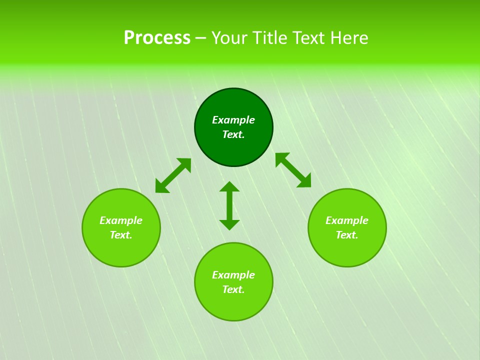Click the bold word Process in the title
click(x=157, y=38)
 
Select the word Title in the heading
click(x=273, y=38)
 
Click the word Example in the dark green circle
click(x=233, y=120)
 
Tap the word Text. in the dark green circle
click(x=233, y=134)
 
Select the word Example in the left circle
click(x=121, y=220)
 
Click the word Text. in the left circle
click(x=121, y=235)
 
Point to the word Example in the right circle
click(x=347, y=220)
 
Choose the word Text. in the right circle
click(x=347, y=235)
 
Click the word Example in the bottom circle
click(x=233, y=275)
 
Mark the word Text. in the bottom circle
click(x=233, y=289)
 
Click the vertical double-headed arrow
click(x=229, y=205)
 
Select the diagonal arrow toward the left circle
click(x=173, y=175)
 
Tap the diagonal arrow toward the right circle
click(x=293, y=170)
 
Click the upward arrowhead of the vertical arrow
click(x=229, y=186)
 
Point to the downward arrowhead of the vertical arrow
click(x=229, y=224)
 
